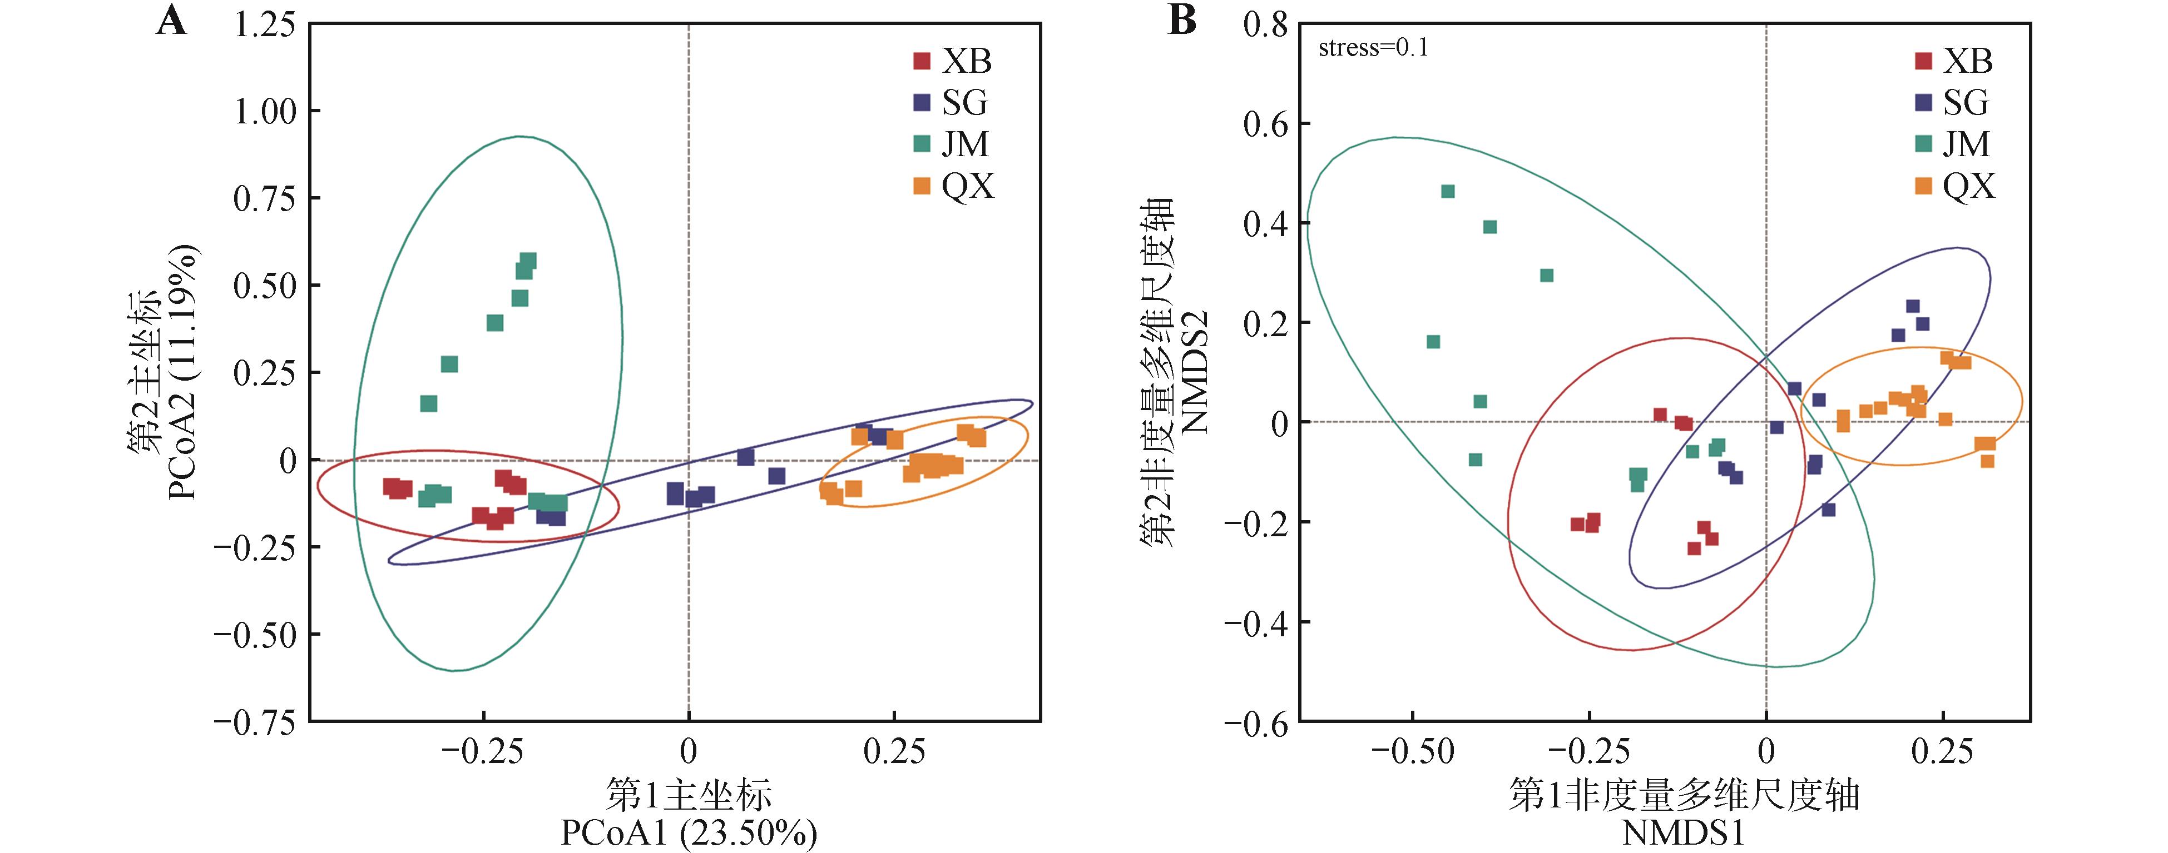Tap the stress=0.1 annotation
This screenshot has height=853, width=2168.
[1373, 48]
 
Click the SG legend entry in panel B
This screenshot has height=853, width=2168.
[1953, 103]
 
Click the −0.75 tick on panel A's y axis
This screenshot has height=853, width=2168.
[255, 722]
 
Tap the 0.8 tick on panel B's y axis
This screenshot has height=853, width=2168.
[1266, 24]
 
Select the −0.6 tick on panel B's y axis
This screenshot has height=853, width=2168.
[1256, 722]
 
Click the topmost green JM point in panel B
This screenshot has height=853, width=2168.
[1448, 192]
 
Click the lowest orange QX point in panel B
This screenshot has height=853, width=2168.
[1987, 461]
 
